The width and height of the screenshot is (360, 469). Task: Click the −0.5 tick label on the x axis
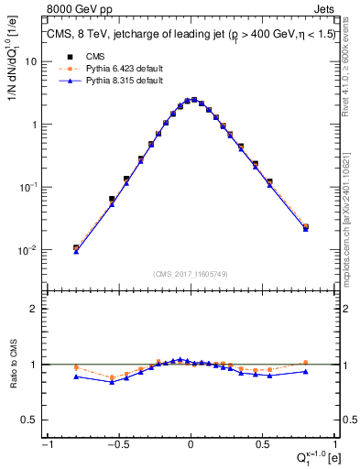(117, 444)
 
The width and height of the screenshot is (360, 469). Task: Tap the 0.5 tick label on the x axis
(262, 444)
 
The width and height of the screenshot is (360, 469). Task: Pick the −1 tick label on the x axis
(46, 444)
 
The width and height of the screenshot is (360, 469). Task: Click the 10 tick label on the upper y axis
(29, 61)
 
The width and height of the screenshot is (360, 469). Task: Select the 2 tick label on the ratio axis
(34, 309)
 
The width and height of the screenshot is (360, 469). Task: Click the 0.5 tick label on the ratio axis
(30, 420)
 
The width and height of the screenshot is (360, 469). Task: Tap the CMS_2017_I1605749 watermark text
(190, 275)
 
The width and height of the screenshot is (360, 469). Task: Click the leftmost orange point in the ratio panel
(76, 368)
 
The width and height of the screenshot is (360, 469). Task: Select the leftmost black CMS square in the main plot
(76, 247)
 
